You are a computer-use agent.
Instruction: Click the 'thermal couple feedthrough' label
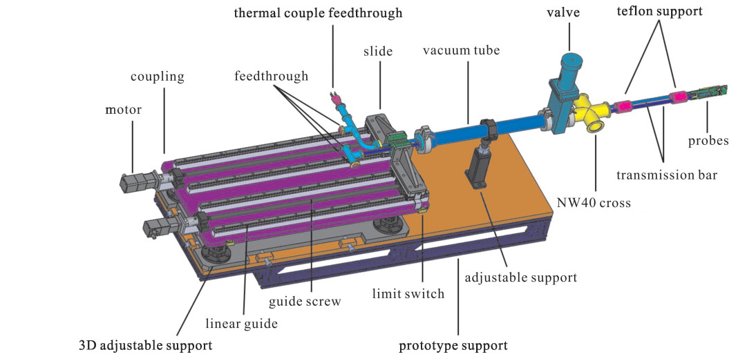(x=318, y=12)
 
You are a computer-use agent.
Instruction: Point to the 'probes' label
(x=708, y=141)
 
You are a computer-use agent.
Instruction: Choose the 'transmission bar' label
(x=667, y=175)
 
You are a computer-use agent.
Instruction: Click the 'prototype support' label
(x=454, y=345)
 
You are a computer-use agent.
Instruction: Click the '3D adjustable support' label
(x=144, y=343)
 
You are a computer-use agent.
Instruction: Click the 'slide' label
(x=379, y=52)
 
